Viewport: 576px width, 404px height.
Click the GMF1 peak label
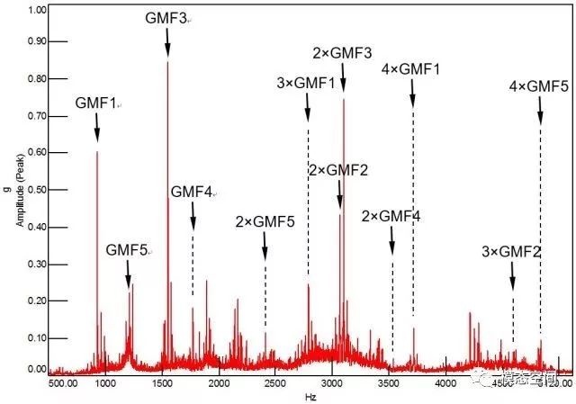pos(96,103)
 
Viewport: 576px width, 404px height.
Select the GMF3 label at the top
pos(167,18)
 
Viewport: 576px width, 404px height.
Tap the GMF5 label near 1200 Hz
pos(127,248)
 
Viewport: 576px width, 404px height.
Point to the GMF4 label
pos(192,192)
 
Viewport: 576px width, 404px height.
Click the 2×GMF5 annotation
pos(265,221)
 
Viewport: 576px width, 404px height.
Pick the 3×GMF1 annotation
pos(306,84)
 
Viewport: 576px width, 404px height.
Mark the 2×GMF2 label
pos(337,170)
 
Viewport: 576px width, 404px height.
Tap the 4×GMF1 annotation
pos(410,69)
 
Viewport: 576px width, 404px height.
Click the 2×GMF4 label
pos(391,216)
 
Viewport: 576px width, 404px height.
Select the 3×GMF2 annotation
pos(511,251)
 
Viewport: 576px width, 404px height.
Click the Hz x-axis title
pos(310,396)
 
